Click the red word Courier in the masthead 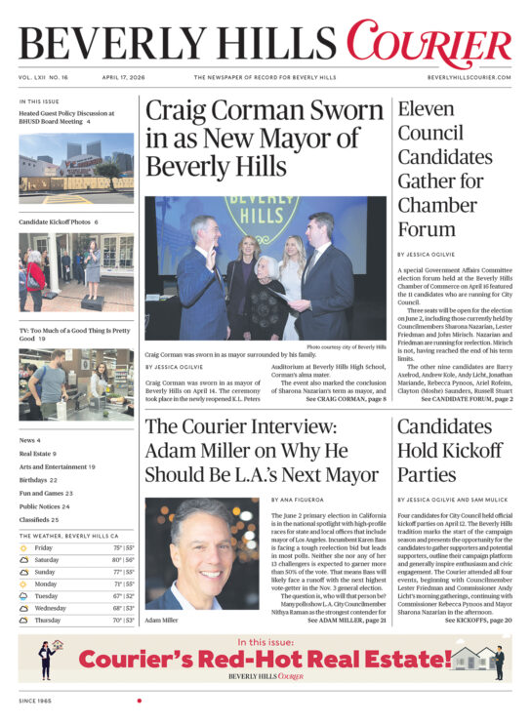(x=428, y=46)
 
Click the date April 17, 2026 (x=122, y=77)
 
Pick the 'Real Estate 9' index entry (x=39, y=454)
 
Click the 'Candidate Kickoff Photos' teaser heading (x=58, y=222)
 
